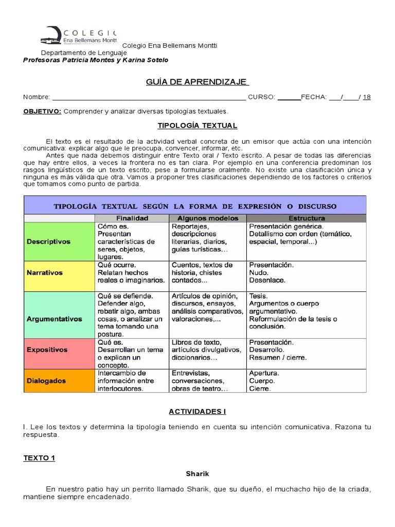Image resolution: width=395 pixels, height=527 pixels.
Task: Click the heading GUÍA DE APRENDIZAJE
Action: pos(197,82)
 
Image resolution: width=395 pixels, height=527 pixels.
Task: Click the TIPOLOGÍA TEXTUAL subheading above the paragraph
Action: pos(197,126)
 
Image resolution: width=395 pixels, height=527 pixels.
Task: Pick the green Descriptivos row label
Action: pos(49,241)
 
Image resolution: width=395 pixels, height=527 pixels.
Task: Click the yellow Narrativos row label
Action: pos(44,273)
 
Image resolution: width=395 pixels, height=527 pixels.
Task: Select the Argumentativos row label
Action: pos(54,319)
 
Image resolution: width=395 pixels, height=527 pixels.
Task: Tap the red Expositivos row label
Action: pos(47,349)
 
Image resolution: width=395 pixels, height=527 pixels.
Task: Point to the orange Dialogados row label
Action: pos(46,381)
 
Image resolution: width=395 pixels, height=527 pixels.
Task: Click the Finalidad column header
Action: pos(132,218)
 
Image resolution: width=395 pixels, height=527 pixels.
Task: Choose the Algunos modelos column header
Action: pos(207,218)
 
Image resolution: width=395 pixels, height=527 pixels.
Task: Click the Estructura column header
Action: pos(306,218)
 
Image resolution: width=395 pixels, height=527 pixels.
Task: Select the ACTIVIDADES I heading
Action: pos(197,412)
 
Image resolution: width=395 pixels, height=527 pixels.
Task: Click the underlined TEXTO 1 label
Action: pos(39,458)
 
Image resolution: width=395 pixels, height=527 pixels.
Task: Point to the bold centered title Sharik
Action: pos(197,473)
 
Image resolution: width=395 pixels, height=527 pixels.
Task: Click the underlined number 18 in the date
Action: pos(367,97)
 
